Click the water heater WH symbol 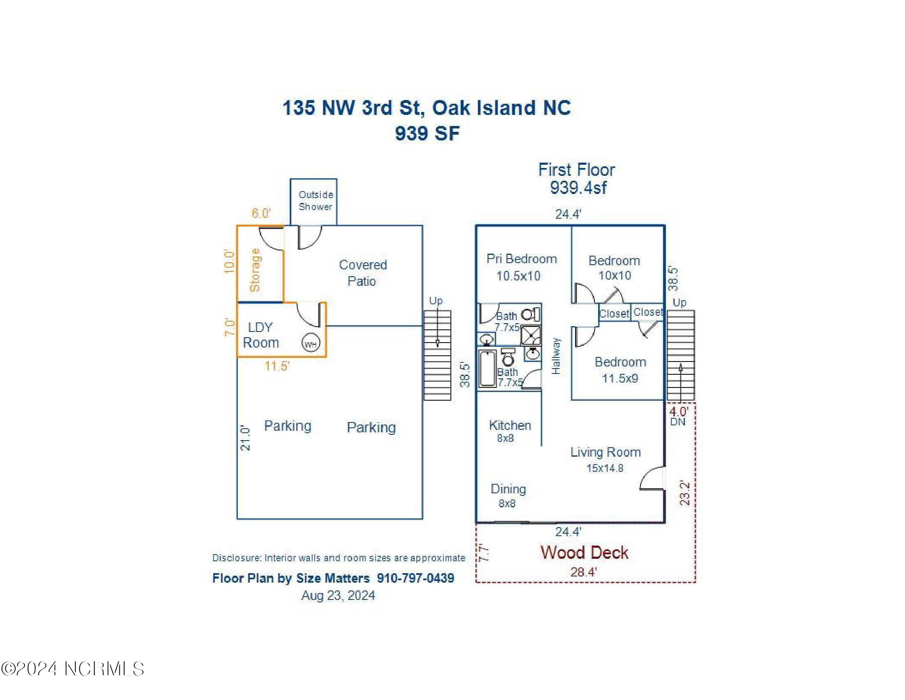coord(311,343)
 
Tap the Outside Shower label coord(316,201)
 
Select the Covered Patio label coord(362,273)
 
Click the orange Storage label coord(254,270)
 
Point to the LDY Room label coord(261,335)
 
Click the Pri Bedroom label coord(521,267)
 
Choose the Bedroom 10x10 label coord(614,268)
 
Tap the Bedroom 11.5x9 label coord(620,370)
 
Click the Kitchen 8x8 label coord(510,431)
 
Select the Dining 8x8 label coord(508,495)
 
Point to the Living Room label coord(606,452)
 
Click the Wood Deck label coord(584,552)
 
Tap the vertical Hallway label coord(556,356)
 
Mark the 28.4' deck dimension coord(583,572)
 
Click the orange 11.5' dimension coord(277,366)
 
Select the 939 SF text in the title coord(427,133)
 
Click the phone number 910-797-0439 coord(415,578)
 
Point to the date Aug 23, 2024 coord(338,595)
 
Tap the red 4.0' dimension coord(679,412)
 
